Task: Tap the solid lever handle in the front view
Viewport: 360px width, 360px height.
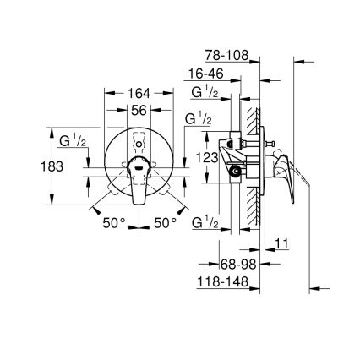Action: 136,181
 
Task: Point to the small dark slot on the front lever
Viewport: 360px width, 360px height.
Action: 135,167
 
